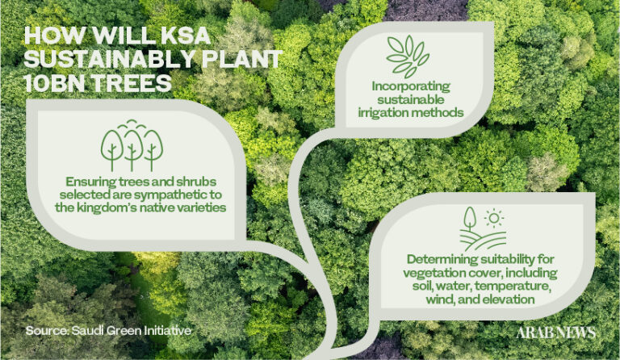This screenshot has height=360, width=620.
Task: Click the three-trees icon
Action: [132, 145]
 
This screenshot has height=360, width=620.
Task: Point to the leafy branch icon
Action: [407, 57]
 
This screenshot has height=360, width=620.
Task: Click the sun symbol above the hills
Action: [493, 218]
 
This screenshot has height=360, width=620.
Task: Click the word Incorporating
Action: [411, 87]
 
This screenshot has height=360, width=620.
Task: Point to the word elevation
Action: [509, 299]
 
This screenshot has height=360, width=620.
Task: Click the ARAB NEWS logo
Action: [555, 333]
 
